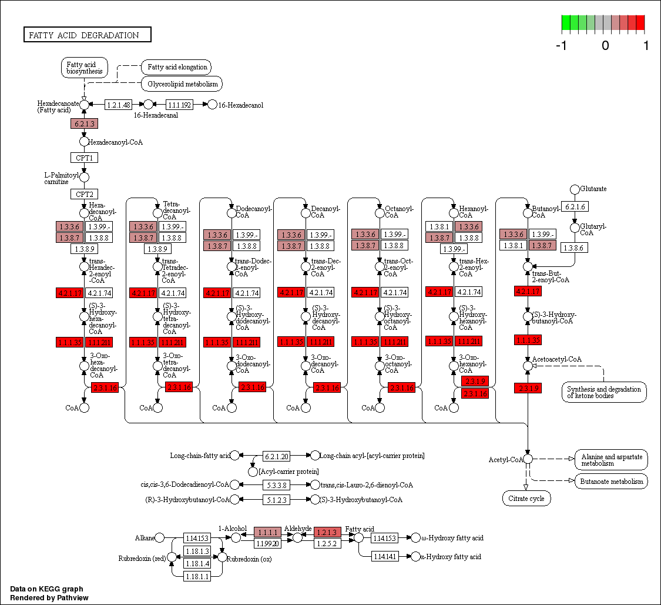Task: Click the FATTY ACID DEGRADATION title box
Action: point(87,35)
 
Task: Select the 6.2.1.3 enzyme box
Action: point(84,123)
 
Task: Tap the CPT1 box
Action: point(84,158)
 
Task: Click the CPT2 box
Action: point(84,194)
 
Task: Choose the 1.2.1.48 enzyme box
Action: point(118,105)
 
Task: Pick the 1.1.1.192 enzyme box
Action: point(179,105)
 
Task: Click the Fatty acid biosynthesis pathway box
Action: point(85,68)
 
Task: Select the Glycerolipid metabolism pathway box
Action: point(182,84)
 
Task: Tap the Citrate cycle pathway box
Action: point(526,499)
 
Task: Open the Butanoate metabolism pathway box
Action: point(611,482)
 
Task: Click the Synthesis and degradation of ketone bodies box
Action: point(604,392)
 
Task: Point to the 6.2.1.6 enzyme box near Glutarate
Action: point(575,206)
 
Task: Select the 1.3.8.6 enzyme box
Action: point(575,248)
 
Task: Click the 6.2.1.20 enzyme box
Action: point(276,456)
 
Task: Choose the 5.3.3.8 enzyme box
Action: point(276,485)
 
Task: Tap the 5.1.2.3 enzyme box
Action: point(276,500)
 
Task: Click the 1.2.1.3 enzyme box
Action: point(328,532)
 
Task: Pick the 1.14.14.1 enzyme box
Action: point(385,556)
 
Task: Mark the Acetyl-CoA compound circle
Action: point(528,459)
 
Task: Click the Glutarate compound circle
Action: point(575,189)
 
